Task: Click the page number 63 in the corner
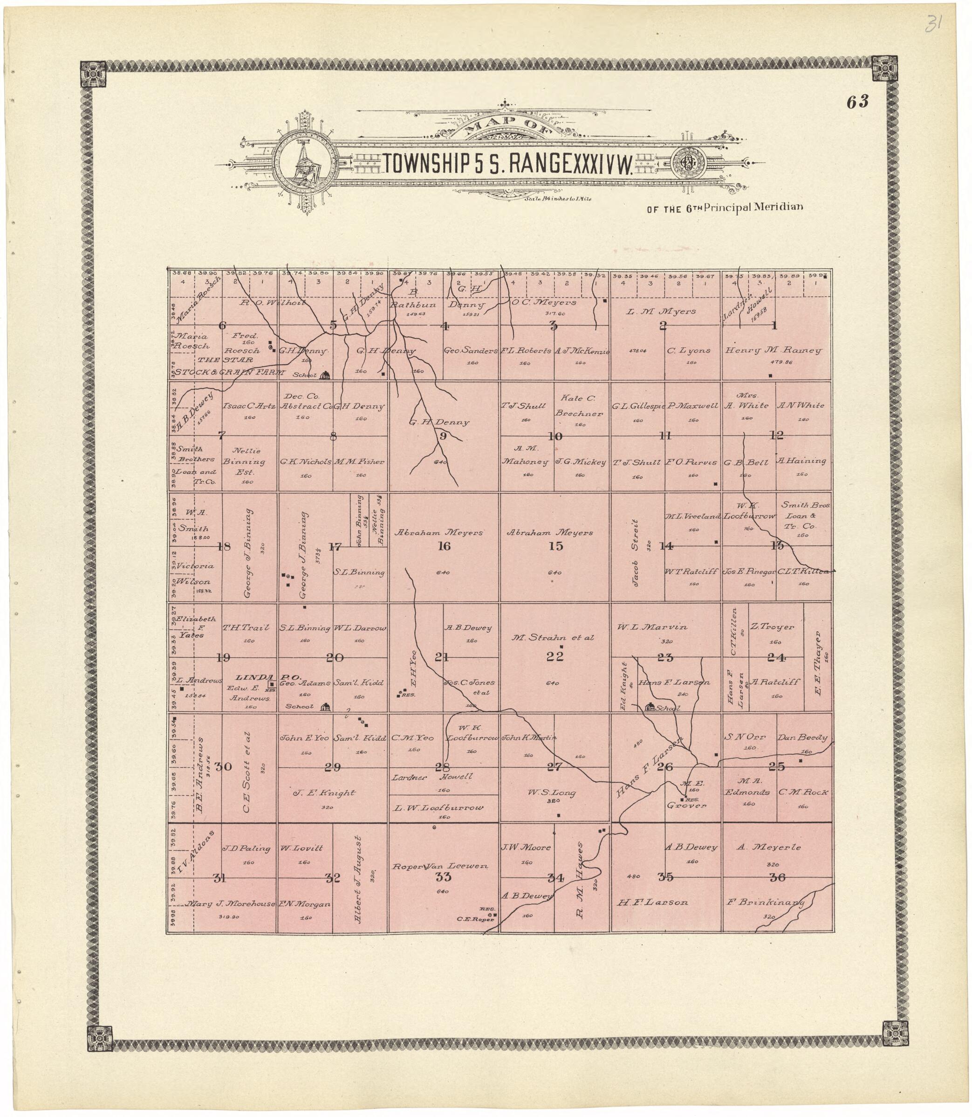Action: click(x=857, y=102)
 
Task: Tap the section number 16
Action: click(x=444, y=546)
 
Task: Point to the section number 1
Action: click(x=774, y=326)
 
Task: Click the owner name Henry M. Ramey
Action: click(x=773, y=351)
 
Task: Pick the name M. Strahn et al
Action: click(x=553, y=638)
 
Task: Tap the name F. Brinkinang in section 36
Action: click(x=765, y=903)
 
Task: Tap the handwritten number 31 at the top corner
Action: click(x=933, y=24)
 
